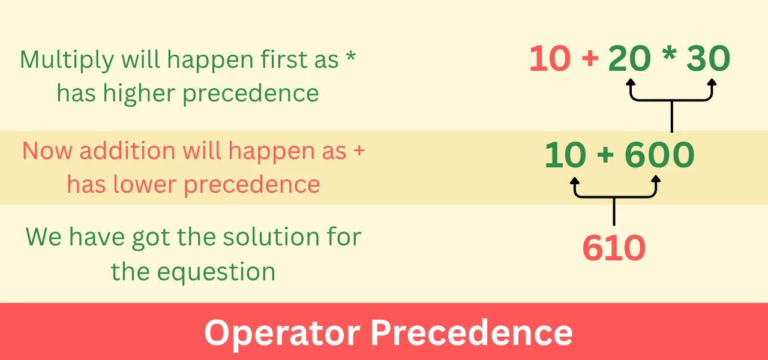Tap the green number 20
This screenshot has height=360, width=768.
click(x=629, y=59)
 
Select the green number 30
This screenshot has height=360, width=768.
click(x=709, y=59)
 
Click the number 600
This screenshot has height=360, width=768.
click(x=659, y=155)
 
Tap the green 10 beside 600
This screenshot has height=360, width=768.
click(x=565, y=155)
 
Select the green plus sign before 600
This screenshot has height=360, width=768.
click(x=605, y=156)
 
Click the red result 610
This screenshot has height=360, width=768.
click(x=614, y=248)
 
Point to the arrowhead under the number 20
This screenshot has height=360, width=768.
click(x=631, y=83)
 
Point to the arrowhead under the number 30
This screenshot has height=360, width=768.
click(x=712, y=83)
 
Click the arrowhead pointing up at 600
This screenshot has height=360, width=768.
click(x=656, y=180)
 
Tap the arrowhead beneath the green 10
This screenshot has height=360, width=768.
click(x=575, y=180)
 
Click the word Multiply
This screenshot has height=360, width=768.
click(x=67, y=61)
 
